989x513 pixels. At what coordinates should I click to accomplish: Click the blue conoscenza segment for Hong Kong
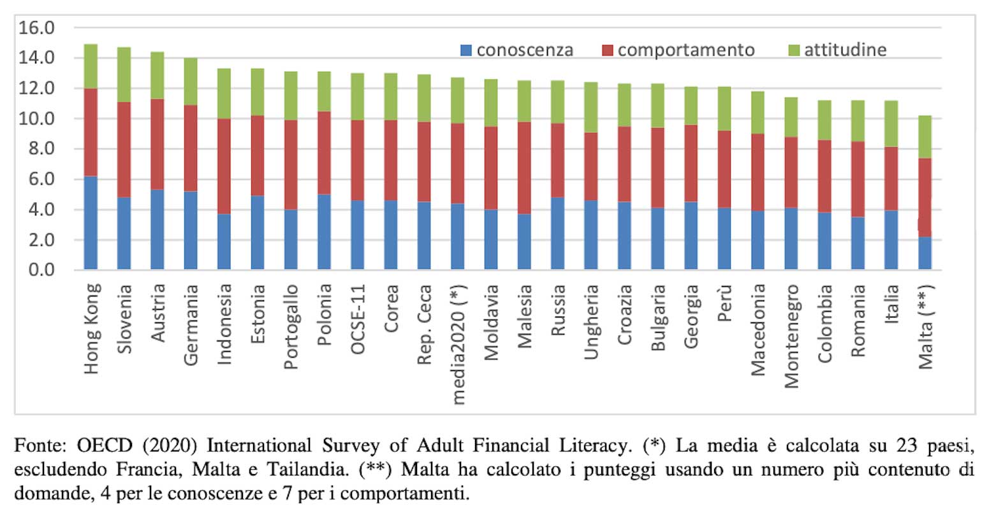91,222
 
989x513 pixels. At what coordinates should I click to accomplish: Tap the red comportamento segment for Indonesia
224,166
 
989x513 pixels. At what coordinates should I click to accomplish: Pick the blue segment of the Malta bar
925,253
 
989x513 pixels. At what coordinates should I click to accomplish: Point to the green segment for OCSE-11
358,97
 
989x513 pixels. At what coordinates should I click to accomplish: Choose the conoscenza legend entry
516,50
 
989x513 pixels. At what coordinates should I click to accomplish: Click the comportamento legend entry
678,50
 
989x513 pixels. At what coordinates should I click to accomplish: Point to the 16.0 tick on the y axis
37,28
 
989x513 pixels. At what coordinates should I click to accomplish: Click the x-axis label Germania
191,325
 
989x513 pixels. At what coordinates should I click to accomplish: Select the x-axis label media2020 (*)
458,344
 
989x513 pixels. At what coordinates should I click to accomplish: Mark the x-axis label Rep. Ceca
425,325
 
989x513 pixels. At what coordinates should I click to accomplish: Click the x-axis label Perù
724,303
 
